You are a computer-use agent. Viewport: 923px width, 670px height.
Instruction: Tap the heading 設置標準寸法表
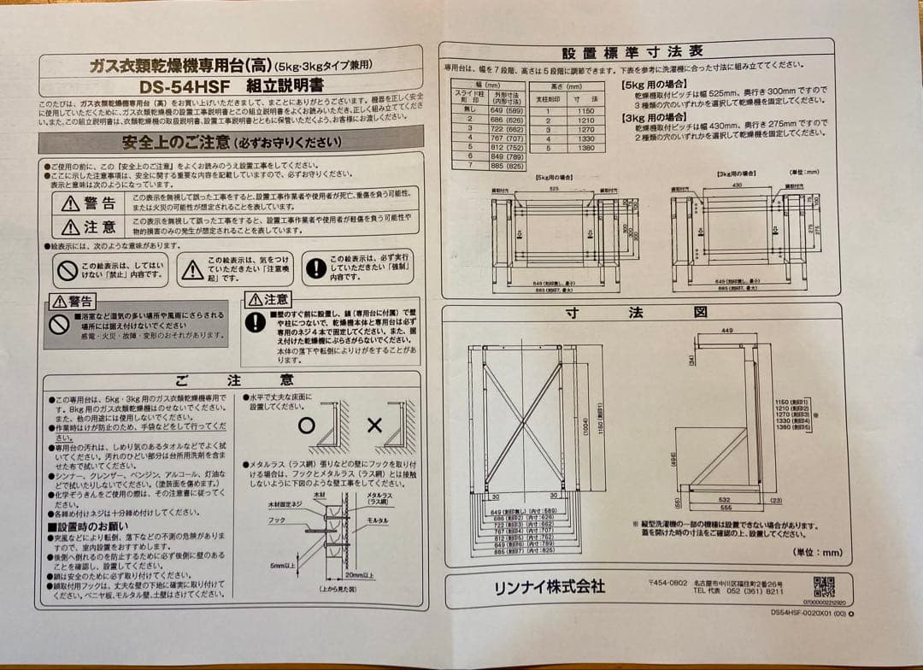click(632, 51)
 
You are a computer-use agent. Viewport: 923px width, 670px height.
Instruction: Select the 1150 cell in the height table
click(585, 111)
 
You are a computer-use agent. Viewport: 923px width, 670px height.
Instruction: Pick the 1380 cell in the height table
click(585, 148)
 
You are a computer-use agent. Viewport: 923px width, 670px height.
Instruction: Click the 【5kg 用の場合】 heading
click(652, 85)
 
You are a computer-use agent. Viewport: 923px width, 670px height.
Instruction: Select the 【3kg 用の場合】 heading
click(652, 116)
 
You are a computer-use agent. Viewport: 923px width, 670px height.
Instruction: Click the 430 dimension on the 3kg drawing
click(737, 185)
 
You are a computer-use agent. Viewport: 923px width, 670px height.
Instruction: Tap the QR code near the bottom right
click(823, 587)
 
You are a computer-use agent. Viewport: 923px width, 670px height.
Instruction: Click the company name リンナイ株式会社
click(550, 587)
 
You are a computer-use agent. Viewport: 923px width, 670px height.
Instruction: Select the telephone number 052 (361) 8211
click(750, 591)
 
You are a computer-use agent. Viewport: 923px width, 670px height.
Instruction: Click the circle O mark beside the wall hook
click(307, 425)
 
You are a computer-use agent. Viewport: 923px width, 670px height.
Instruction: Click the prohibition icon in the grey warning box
click(59, 325)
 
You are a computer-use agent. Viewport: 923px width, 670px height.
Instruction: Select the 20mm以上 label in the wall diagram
click(360, 575)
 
